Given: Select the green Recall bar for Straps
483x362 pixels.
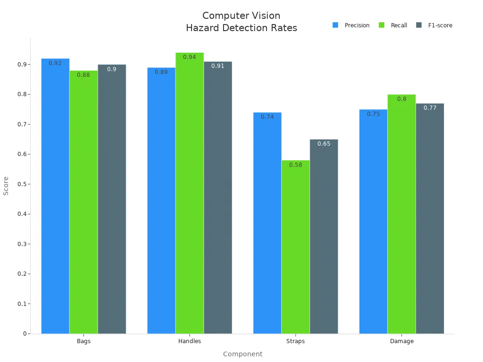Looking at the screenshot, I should click(296, 247).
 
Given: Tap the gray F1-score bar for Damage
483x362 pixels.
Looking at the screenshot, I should click(430, 219).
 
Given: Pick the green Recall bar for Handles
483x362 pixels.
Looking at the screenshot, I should click(190, 193).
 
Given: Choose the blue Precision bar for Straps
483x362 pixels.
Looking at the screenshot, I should click(267, 224).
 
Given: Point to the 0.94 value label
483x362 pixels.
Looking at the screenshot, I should click(190, 57).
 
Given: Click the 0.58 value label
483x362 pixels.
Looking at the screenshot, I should click(296, 165).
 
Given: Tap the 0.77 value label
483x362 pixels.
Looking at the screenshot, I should click(430, 108).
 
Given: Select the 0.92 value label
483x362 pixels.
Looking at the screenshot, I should click(55, 63).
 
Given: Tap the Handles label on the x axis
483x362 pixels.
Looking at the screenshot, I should click(190, 341).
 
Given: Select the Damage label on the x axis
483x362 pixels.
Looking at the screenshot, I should click(402, 341).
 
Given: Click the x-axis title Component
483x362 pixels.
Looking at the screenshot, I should click(242, 354).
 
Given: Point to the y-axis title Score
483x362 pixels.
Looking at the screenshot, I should click(6, 186).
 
